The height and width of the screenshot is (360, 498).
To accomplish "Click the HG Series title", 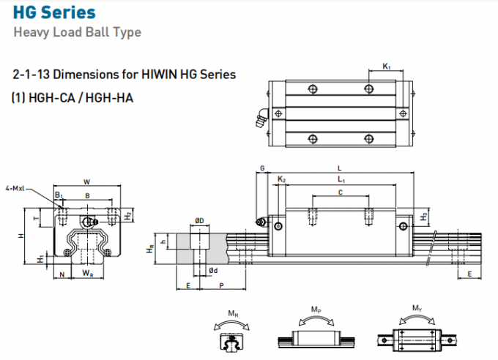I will pyautogui.click(x=54, y=12).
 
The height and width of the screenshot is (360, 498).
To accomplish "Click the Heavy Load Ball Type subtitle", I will pyautogui.click(x=77, y=32).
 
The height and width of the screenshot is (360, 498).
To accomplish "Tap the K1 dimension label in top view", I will pyautogui.click(x=387, y=67).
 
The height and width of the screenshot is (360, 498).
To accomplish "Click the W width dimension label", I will pyautogui.click(x=86, y=181).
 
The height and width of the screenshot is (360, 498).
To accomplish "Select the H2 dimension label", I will pyautogui.click(x=128, y=216).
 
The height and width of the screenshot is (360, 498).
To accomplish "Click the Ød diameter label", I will pyautogui.click(x=212, y=271).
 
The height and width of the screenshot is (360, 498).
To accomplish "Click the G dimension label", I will pyautogui.click(x=262, y=168).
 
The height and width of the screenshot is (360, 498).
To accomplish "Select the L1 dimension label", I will pyautogui.click(x=341, y=179).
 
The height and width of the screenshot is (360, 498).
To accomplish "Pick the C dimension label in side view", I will pyautogui.click(x=340, y=192).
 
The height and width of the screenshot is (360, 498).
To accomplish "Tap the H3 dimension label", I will pyautogui.click(x=425, y=217).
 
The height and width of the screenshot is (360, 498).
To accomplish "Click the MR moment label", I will pyautogui.click(x=232, y=315).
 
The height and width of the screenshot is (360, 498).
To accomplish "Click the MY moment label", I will pyautogui.click(x=416, y=310).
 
